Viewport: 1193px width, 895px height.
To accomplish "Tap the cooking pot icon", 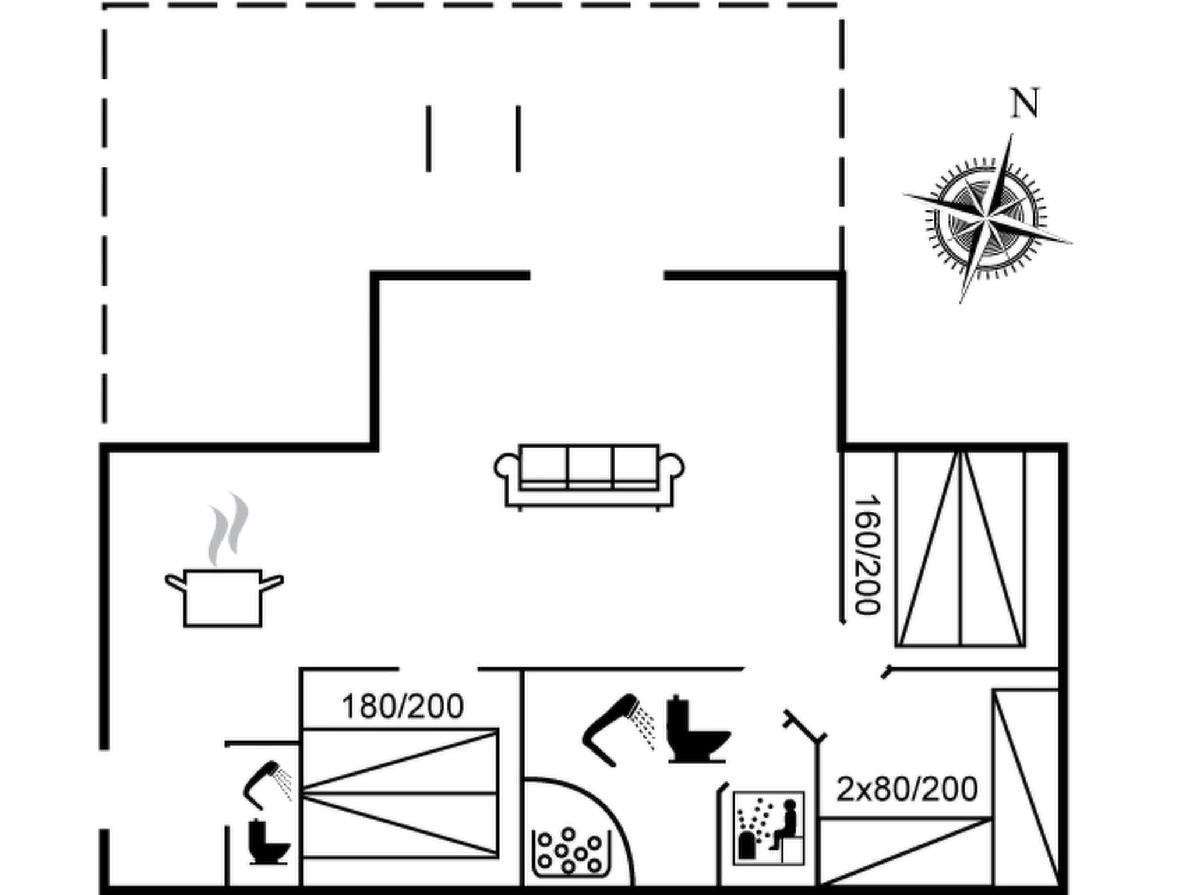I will [223, 597].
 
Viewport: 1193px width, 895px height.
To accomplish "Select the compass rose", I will [986, 218].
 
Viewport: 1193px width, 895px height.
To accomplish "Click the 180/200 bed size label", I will [403, 706].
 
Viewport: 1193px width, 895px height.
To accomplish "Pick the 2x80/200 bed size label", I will [907, 789].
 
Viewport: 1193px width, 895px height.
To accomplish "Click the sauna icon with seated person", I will [768, 828].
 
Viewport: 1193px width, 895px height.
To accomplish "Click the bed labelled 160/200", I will [960, 548].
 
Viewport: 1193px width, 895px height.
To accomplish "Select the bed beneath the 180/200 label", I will [400, 793].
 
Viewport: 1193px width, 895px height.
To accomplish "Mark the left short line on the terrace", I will [429, 139].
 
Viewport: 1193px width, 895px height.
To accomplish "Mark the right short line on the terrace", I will [518, 139].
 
